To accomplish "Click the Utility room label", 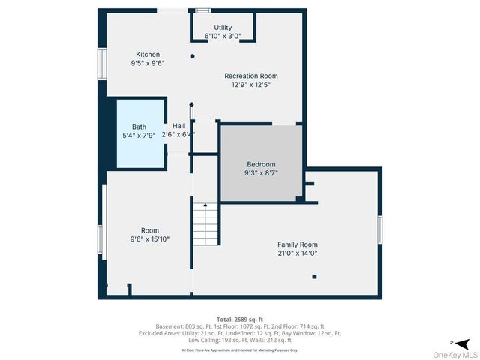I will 223,27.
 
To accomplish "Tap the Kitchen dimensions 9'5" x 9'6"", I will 147,64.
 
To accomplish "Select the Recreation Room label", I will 251,76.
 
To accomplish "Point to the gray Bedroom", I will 261,164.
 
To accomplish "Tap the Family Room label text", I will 297,244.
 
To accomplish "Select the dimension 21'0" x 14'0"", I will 297,253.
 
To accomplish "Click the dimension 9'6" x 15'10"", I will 149,239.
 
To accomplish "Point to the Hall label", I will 178,126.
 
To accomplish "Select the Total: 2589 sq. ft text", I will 239,319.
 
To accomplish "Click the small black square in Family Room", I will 314,277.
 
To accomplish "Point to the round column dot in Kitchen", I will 193,56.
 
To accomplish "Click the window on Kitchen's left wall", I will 101,64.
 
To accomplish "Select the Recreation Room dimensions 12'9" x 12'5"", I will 251,85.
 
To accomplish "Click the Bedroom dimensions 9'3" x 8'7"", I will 261,173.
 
